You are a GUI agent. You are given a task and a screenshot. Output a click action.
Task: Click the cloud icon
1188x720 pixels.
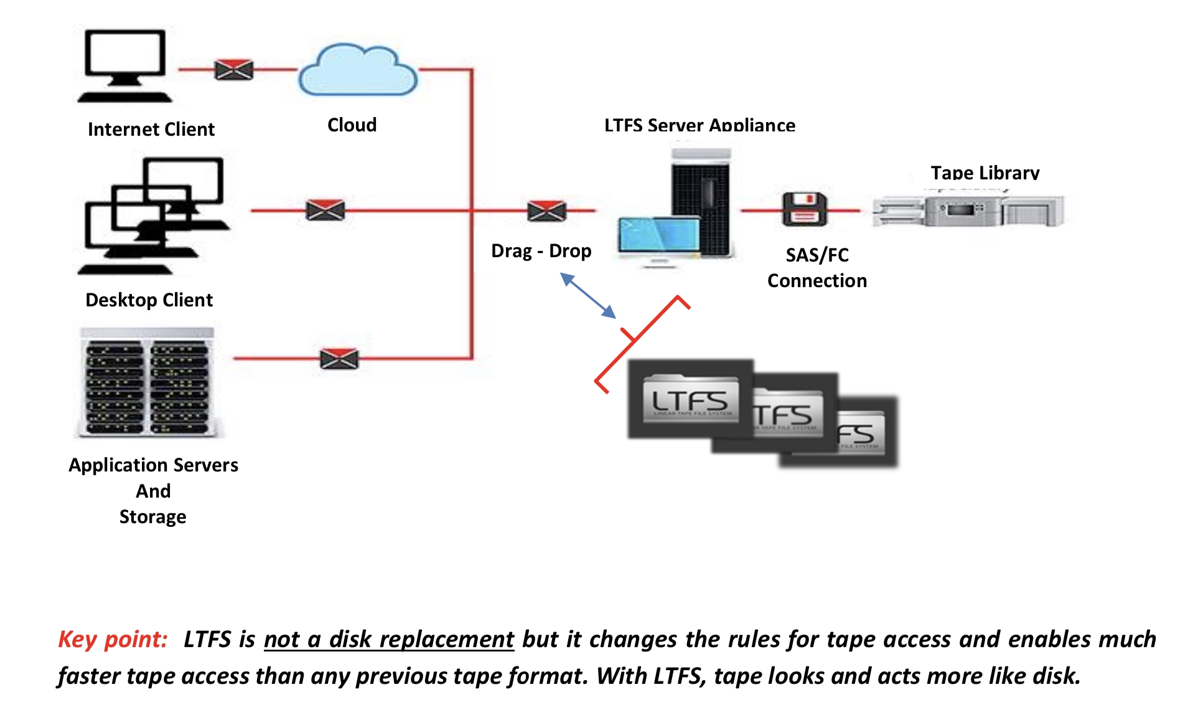click(357, 70)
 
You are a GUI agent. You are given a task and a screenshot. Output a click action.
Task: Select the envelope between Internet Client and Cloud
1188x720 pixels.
click(234, 70)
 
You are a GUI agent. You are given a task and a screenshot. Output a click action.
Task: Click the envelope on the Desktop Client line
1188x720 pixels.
click(325, 211)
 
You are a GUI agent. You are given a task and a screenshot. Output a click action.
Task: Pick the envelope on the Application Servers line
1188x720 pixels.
click(339, 359)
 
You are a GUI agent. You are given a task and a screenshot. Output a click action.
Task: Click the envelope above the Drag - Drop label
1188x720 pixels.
click(546, 211)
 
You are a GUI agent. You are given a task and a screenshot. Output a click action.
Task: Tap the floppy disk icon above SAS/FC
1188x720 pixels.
click(805, 209)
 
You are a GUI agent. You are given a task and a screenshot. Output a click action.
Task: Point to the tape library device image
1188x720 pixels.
click(968, 211)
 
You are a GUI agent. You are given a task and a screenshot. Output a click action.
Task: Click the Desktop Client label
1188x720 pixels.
click(149, 300)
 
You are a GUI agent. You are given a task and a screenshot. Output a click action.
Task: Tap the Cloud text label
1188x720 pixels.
click(352, 125)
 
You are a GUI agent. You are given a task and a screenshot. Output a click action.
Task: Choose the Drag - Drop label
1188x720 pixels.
click(541, 251)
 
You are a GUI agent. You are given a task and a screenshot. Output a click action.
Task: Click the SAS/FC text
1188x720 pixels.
click(816, 255)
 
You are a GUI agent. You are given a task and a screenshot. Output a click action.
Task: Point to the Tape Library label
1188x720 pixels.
click(985, 173)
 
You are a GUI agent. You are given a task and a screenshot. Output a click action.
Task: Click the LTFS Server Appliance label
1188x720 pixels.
click(699, 125)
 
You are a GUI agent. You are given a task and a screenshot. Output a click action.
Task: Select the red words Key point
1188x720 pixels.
click(113, 640)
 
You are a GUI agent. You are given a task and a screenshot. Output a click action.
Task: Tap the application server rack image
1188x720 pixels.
click(148, 382)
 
